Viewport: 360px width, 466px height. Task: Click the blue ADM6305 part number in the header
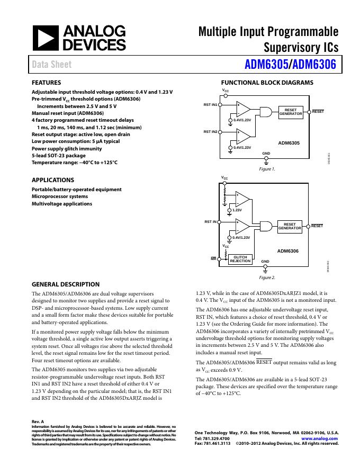[267, 65]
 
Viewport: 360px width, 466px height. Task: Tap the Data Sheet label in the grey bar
[51, 65]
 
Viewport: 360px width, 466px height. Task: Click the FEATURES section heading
[47, 83]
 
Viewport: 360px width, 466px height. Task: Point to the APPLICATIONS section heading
[53, 180]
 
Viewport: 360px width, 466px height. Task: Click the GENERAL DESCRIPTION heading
[66, 284]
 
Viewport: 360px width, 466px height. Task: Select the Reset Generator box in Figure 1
[290, 112]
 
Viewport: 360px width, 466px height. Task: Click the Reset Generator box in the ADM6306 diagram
[290, 227]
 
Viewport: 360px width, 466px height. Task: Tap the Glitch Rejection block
[240, 259]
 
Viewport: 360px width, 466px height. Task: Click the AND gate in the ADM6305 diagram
[265, 112]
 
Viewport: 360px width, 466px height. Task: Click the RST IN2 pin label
[211, 131]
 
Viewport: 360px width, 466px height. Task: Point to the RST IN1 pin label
[211, 105]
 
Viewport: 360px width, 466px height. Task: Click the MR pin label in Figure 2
[214, 259]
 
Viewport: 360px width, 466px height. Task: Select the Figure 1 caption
[267, 169]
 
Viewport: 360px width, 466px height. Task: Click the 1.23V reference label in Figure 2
[237, 210]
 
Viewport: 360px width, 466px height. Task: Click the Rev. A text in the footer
[38, 422]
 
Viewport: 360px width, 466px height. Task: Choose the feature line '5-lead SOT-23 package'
[58, 156]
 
